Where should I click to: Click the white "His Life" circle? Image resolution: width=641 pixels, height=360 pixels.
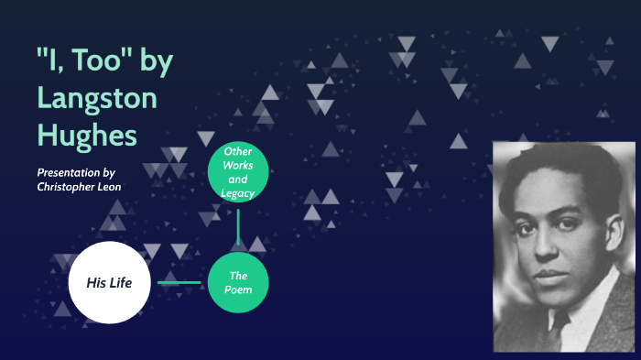[x=109, y=282]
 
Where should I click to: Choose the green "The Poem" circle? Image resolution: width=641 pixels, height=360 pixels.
[x=238, y=282]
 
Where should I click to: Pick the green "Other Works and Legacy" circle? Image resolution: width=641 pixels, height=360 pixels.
[x=238, y=171]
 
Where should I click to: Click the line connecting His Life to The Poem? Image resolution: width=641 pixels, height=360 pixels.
[x=179, y=282]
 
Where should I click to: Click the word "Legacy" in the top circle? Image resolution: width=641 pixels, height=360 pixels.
[x=238, y=193]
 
